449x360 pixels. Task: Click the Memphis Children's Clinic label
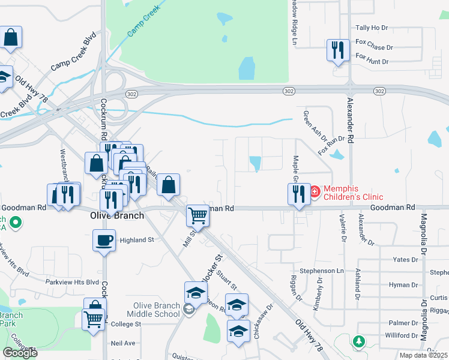[353, 192]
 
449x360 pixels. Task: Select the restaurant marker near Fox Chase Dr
[337, 50]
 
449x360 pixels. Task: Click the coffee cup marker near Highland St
[104, 239]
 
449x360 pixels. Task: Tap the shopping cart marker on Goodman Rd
[197, 215]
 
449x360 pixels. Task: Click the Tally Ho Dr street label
[372, 28]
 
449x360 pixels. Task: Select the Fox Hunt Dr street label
[372, 61]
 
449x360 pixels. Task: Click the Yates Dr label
[405, 259]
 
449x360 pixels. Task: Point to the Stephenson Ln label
[322, 271]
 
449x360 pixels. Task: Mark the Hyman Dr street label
[403, 285]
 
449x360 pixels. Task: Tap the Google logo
[20, 353]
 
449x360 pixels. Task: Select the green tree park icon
[359, 341]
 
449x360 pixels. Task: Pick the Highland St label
[137, 240]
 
